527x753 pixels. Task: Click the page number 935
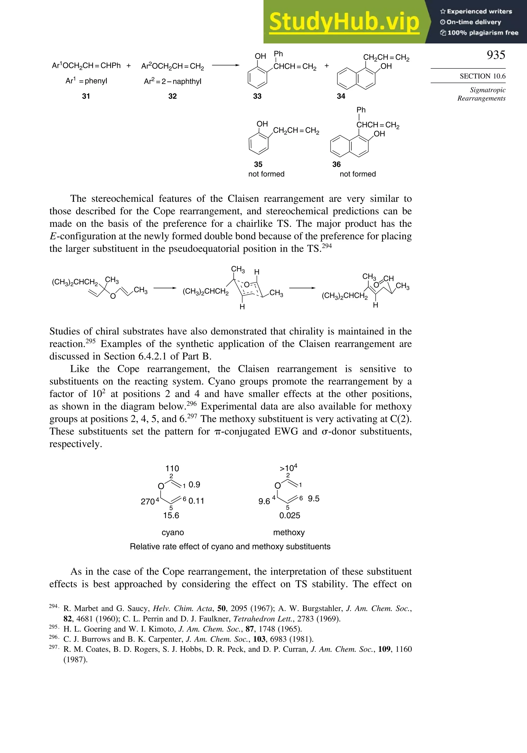496,55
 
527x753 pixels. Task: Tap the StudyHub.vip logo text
344,22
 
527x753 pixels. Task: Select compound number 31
86,96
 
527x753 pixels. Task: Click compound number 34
341,96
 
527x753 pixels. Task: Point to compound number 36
337,164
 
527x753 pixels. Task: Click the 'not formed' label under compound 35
266,174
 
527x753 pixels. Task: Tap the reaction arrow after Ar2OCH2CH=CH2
226,65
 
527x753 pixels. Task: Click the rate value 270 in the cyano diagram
147,502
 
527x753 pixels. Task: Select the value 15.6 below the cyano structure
171,515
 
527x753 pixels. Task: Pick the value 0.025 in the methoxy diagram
289,515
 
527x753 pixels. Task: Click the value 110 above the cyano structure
172,468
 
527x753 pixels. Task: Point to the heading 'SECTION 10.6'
482,76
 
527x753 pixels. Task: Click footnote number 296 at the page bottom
54,637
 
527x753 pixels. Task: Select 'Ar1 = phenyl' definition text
86,81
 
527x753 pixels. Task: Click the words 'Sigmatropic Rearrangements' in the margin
481,94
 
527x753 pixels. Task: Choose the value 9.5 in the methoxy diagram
313,499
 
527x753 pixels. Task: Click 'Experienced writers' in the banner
479,12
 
